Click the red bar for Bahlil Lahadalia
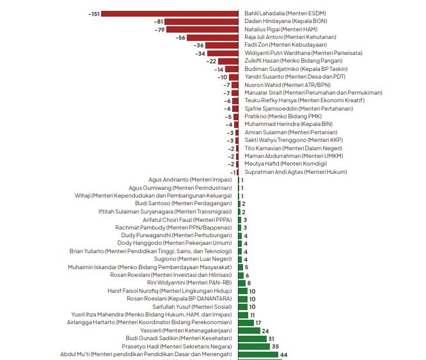170,13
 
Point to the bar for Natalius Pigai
203,29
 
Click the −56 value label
181,37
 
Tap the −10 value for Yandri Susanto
223,77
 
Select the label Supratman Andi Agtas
296,172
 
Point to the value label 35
276,346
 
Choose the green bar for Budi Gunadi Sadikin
253,338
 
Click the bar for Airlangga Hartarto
246,322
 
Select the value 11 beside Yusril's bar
253,315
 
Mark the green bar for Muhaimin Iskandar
241,267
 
